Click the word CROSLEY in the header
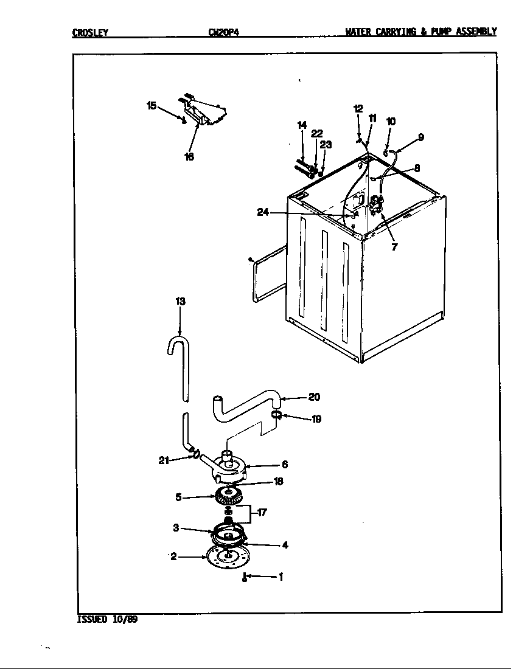pos(90,32)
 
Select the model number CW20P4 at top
pos(223,32)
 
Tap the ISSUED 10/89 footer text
pos(103,620)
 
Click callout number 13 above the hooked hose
pos(180,302)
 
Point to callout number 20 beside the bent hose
pos(314,397)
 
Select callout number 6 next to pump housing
pos(284,465)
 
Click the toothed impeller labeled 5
pos(229,497)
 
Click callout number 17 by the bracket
pos(262,512)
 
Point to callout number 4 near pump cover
pos(285,545)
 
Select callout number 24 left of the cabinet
pos(263,212)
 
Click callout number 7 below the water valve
pos(394,247)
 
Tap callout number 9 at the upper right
pos(420,137)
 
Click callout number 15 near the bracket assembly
pos(152,105)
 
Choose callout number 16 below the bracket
pos(189,156)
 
